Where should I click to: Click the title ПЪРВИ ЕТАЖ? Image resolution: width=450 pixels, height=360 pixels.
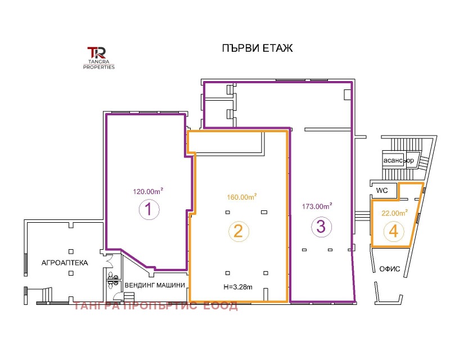tap(257, 48)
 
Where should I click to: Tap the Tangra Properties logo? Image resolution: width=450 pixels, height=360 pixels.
tap(99, 58)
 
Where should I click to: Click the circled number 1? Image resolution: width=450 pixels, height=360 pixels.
tap(148, 209)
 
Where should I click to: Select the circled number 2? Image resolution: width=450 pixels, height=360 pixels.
tap(238, 231)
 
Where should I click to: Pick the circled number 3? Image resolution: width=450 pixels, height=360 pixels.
tap(321, 226)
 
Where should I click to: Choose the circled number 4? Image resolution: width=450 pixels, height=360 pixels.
tap(393, 231)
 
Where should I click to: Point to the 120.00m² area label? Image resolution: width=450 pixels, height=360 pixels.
tap(148, 191)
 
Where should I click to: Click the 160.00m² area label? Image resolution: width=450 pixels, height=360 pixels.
tap(242, 197)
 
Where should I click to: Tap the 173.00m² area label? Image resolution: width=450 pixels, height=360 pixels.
tap(317, 206)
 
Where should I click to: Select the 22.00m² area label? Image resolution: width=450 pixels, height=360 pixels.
tap(395, 213)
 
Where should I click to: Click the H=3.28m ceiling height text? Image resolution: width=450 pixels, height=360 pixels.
tap(238, 287)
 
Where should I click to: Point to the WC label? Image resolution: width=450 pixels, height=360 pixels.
tap(382, 191)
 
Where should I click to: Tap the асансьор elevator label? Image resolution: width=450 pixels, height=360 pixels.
tap(399, 160)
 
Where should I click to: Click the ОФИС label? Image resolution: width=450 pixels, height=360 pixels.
tap(390, 269)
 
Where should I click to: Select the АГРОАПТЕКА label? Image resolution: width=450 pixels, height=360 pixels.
tap(65, 263)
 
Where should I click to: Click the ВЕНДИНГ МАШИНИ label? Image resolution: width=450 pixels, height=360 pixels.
tap(155, 285)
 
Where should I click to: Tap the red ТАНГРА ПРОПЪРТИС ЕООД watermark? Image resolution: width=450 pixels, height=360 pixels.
tap(156, 306)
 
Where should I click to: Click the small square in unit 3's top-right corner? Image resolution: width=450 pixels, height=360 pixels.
tap(347, 94)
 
